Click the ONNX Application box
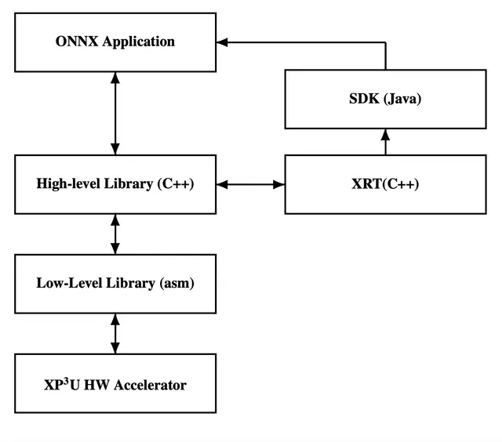115,42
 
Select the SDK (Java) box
385,99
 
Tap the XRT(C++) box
385,184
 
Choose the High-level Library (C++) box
115,184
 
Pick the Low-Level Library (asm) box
115,283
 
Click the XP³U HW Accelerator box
115,383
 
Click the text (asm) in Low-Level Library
176,283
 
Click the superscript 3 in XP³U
67,380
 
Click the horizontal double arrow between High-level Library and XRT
250,184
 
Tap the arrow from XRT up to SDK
385,142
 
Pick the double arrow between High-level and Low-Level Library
115,234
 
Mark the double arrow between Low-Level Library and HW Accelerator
115,333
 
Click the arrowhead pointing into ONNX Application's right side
223,42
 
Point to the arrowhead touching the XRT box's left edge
279,184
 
